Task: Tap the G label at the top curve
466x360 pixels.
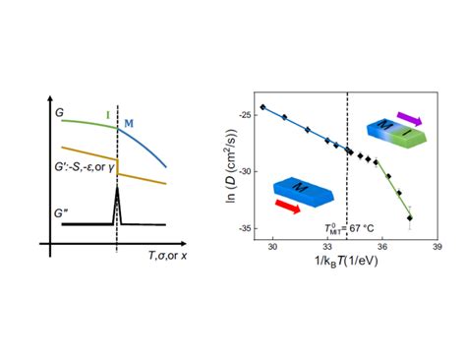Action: [60, 114]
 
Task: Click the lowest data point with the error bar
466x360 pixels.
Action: [409, 217]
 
